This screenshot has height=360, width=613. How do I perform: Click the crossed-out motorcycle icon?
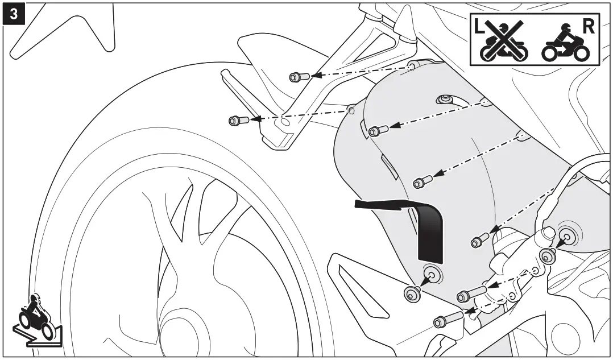(x=503, y=41)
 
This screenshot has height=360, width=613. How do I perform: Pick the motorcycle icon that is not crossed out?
(x=565, y=44)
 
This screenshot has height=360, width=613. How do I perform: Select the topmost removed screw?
(x=299, y=77)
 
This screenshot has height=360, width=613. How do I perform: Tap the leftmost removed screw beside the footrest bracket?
(x=236, y=121)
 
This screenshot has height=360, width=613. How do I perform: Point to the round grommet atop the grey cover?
(x=445, y=100)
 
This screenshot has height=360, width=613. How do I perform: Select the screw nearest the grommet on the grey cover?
(x=378, y=131)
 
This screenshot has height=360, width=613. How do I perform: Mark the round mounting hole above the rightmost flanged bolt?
(x=566, y=234)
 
